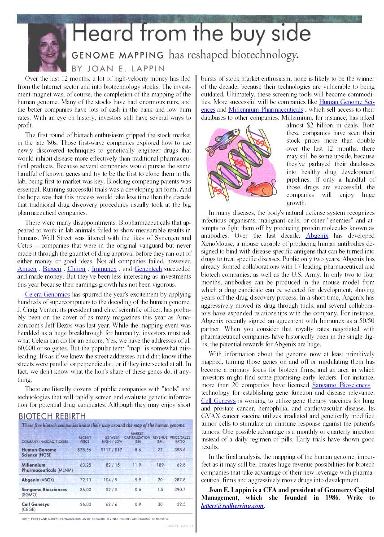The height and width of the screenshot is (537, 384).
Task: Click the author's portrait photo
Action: click(47, 47)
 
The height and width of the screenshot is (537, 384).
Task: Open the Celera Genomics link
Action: click(48, 295)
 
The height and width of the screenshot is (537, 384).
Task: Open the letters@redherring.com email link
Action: click(232, 506)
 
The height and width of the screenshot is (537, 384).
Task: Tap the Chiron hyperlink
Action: click(76, 269)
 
